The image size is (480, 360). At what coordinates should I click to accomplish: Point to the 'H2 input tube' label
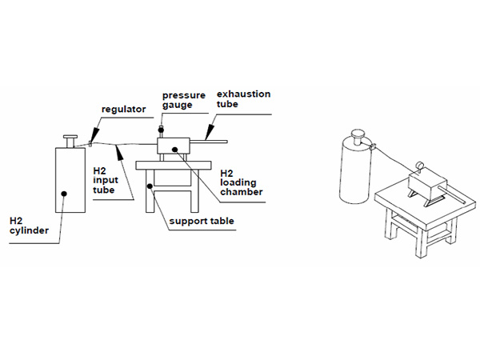click(103, 180)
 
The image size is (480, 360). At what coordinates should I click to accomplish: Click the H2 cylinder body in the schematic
click(69, 184)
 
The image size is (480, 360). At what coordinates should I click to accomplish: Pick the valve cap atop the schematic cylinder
click(71, 138)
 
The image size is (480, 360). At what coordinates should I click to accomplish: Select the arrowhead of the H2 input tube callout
click(118, 148)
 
